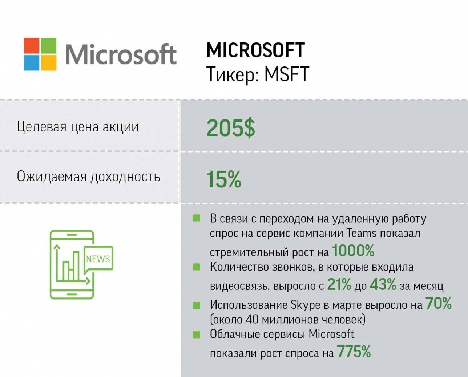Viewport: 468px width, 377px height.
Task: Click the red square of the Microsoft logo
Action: tap(32, 45)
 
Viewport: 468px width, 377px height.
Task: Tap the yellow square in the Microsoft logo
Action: tap(48, 62)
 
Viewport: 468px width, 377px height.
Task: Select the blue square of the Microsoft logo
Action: tap(32, 62)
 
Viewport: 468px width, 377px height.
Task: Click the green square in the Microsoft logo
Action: tap(48, 45)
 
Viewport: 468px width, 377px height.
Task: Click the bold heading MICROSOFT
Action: tap(255, 50)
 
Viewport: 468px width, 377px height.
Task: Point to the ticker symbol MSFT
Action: tap(287, 74)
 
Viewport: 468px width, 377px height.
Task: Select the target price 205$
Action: tap(231, 128)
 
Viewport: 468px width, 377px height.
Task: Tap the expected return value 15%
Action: tap(223, 179)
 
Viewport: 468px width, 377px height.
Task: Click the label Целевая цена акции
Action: tap(78, 127)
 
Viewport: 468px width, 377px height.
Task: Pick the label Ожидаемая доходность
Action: tap(88, 177)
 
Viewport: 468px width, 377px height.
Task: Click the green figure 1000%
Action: tap(353, 251)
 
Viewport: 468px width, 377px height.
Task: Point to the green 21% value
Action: tap(339, 285)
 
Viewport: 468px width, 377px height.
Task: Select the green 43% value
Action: tap(383, 285)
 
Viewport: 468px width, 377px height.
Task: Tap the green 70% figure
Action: tap(439, 303)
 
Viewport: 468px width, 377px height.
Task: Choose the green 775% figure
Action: tap(354, 352)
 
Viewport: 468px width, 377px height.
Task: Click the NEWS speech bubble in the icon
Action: tap(98, 259)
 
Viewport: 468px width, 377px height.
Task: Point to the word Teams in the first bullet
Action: tap(362, 233)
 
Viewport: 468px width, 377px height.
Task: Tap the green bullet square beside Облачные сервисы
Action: tap(197, 335)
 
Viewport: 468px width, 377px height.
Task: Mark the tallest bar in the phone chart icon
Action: tap(76, 265)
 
